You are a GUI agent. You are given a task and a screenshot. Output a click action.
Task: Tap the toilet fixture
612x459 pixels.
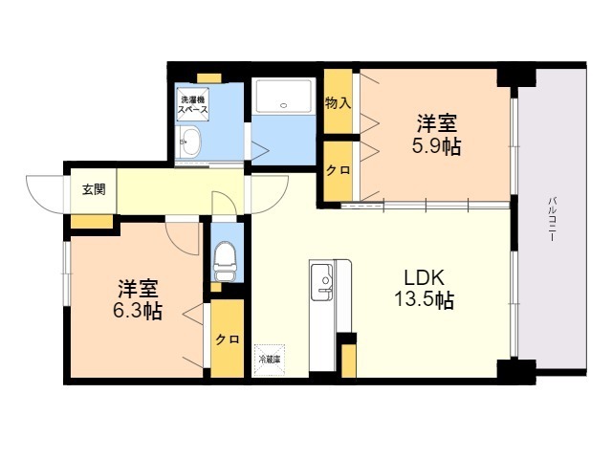(227, 256)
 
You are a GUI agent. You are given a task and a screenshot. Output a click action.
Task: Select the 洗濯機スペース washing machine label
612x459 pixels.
(191, 104)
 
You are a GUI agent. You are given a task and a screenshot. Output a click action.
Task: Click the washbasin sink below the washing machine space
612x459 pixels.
(189, 144)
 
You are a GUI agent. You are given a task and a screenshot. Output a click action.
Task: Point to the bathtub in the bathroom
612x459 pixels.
(285, 98)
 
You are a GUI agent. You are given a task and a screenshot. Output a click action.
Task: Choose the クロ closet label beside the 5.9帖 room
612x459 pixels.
(337, 170)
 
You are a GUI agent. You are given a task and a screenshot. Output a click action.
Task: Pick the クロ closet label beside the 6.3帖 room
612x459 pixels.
(227, 339)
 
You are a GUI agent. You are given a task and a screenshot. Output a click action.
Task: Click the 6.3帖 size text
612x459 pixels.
(140, 312)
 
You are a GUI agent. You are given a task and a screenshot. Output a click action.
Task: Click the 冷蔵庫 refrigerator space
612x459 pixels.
(269, 360)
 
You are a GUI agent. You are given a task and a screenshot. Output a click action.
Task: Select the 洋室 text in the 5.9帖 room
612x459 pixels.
(437, 123)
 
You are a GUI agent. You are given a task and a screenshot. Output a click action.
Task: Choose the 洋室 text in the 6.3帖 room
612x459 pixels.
(139, 288)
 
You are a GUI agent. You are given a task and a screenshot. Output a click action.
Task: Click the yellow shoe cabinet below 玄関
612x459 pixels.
(91, 222)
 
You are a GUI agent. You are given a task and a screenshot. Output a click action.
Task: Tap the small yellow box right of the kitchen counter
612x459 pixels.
(348, 360)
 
